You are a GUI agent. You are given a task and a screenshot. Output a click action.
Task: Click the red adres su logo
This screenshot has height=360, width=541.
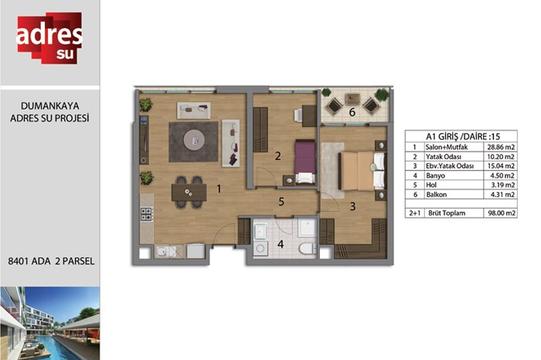click(x=49, y=38)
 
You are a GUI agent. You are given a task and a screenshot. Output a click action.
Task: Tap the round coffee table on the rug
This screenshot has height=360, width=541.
click(x=194, y=140)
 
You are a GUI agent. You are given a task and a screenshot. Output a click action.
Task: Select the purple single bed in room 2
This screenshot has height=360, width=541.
click(x=305, y=161)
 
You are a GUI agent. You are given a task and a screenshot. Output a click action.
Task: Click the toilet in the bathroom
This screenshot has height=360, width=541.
click(x=308, y=248)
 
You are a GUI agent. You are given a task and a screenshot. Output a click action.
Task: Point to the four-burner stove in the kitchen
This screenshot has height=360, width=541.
click(x=147, y=214)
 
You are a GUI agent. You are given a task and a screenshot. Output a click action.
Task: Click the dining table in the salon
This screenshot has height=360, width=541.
click(x=189, y=192)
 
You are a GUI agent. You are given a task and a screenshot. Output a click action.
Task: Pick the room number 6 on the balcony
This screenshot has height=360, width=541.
click(x=352, y=112)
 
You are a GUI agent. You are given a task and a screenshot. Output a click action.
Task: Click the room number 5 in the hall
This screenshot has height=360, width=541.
click(x=281, y=202)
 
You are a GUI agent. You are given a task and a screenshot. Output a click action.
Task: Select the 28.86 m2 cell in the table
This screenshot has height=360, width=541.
click(x=501, y=148)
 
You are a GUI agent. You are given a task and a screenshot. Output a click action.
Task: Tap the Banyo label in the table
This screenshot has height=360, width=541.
click(x=435, y=175)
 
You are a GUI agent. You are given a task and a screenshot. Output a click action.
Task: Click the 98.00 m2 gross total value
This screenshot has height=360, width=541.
click(x=502, y=213)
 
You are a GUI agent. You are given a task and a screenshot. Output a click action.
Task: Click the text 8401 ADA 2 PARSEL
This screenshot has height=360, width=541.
click(x=51, y=261)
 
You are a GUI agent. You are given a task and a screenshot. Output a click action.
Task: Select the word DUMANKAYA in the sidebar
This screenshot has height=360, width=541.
click(x=50, y=106)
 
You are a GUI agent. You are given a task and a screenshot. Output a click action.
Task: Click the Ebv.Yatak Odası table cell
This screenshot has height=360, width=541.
click(x=450, y=166)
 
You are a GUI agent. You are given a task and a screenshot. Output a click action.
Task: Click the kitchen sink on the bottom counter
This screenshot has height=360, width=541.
click(x=162, y=252)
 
